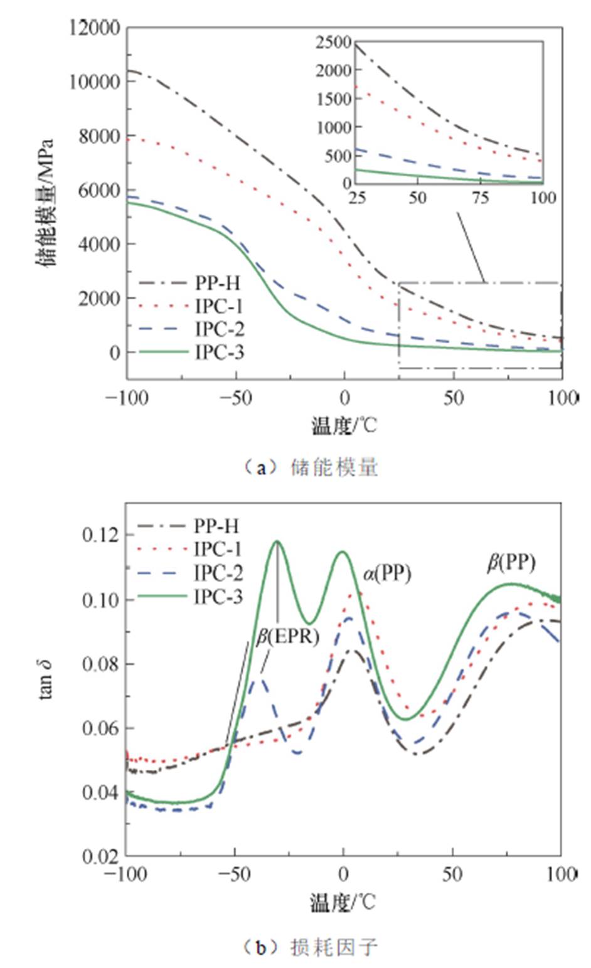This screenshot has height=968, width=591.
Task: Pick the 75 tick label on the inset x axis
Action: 481,198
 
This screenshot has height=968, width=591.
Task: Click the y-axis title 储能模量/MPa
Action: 46,201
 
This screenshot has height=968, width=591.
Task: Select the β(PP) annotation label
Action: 511,563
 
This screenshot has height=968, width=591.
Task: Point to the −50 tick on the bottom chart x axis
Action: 235,874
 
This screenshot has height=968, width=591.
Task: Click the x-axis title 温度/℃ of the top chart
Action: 344,426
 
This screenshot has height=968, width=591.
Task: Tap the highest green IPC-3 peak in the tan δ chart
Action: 277,541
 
